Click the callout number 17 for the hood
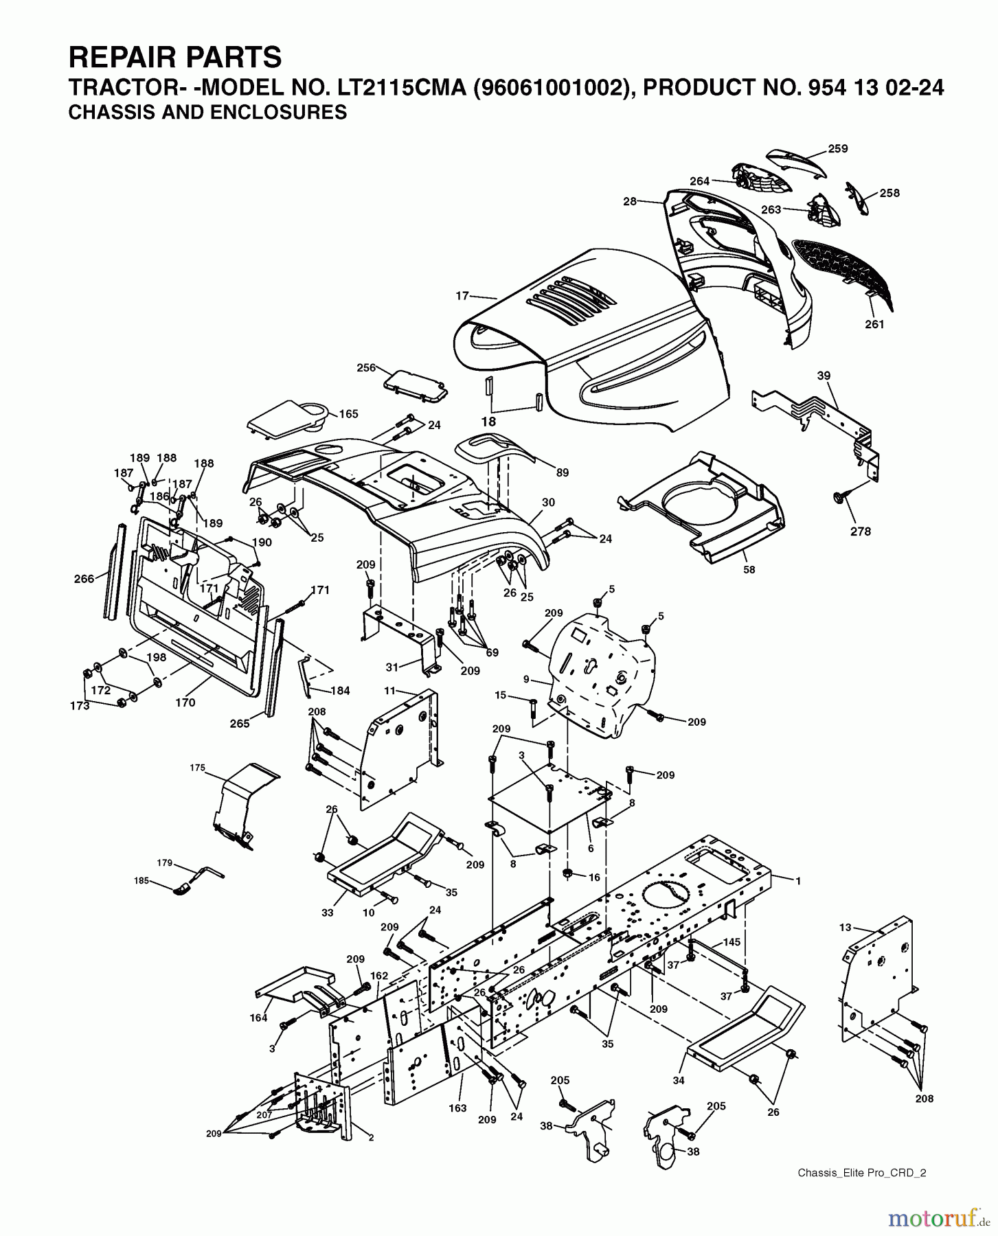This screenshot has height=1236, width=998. [x=462, y=296]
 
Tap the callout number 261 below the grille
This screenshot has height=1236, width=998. [x=874, y=324]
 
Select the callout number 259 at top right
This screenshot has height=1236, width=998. [x=838, y=148]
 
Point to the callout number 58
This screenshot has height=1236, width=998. [x=749, y=569]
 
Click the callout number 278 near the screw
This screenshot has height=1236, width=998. [x=861, y=531]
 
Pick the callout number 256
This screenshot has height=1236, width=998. [x=366, y=367]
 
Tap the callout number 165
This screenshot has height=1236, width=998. [x=348, y=414]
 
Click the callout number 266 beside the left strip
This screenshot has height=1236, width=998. [x=84, y=579]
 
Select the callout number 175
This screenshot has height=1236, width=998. [x=197, y=768]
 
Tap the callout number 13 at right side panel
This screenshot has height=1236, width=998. [x=845, y=927]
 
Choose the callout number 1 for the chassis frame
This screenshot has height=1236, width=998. [x=797, y=880]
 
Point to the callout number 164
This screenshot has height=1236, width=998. [x=258, y=1018]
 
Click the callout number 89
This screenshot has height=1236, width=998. [x=563, y=472]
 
